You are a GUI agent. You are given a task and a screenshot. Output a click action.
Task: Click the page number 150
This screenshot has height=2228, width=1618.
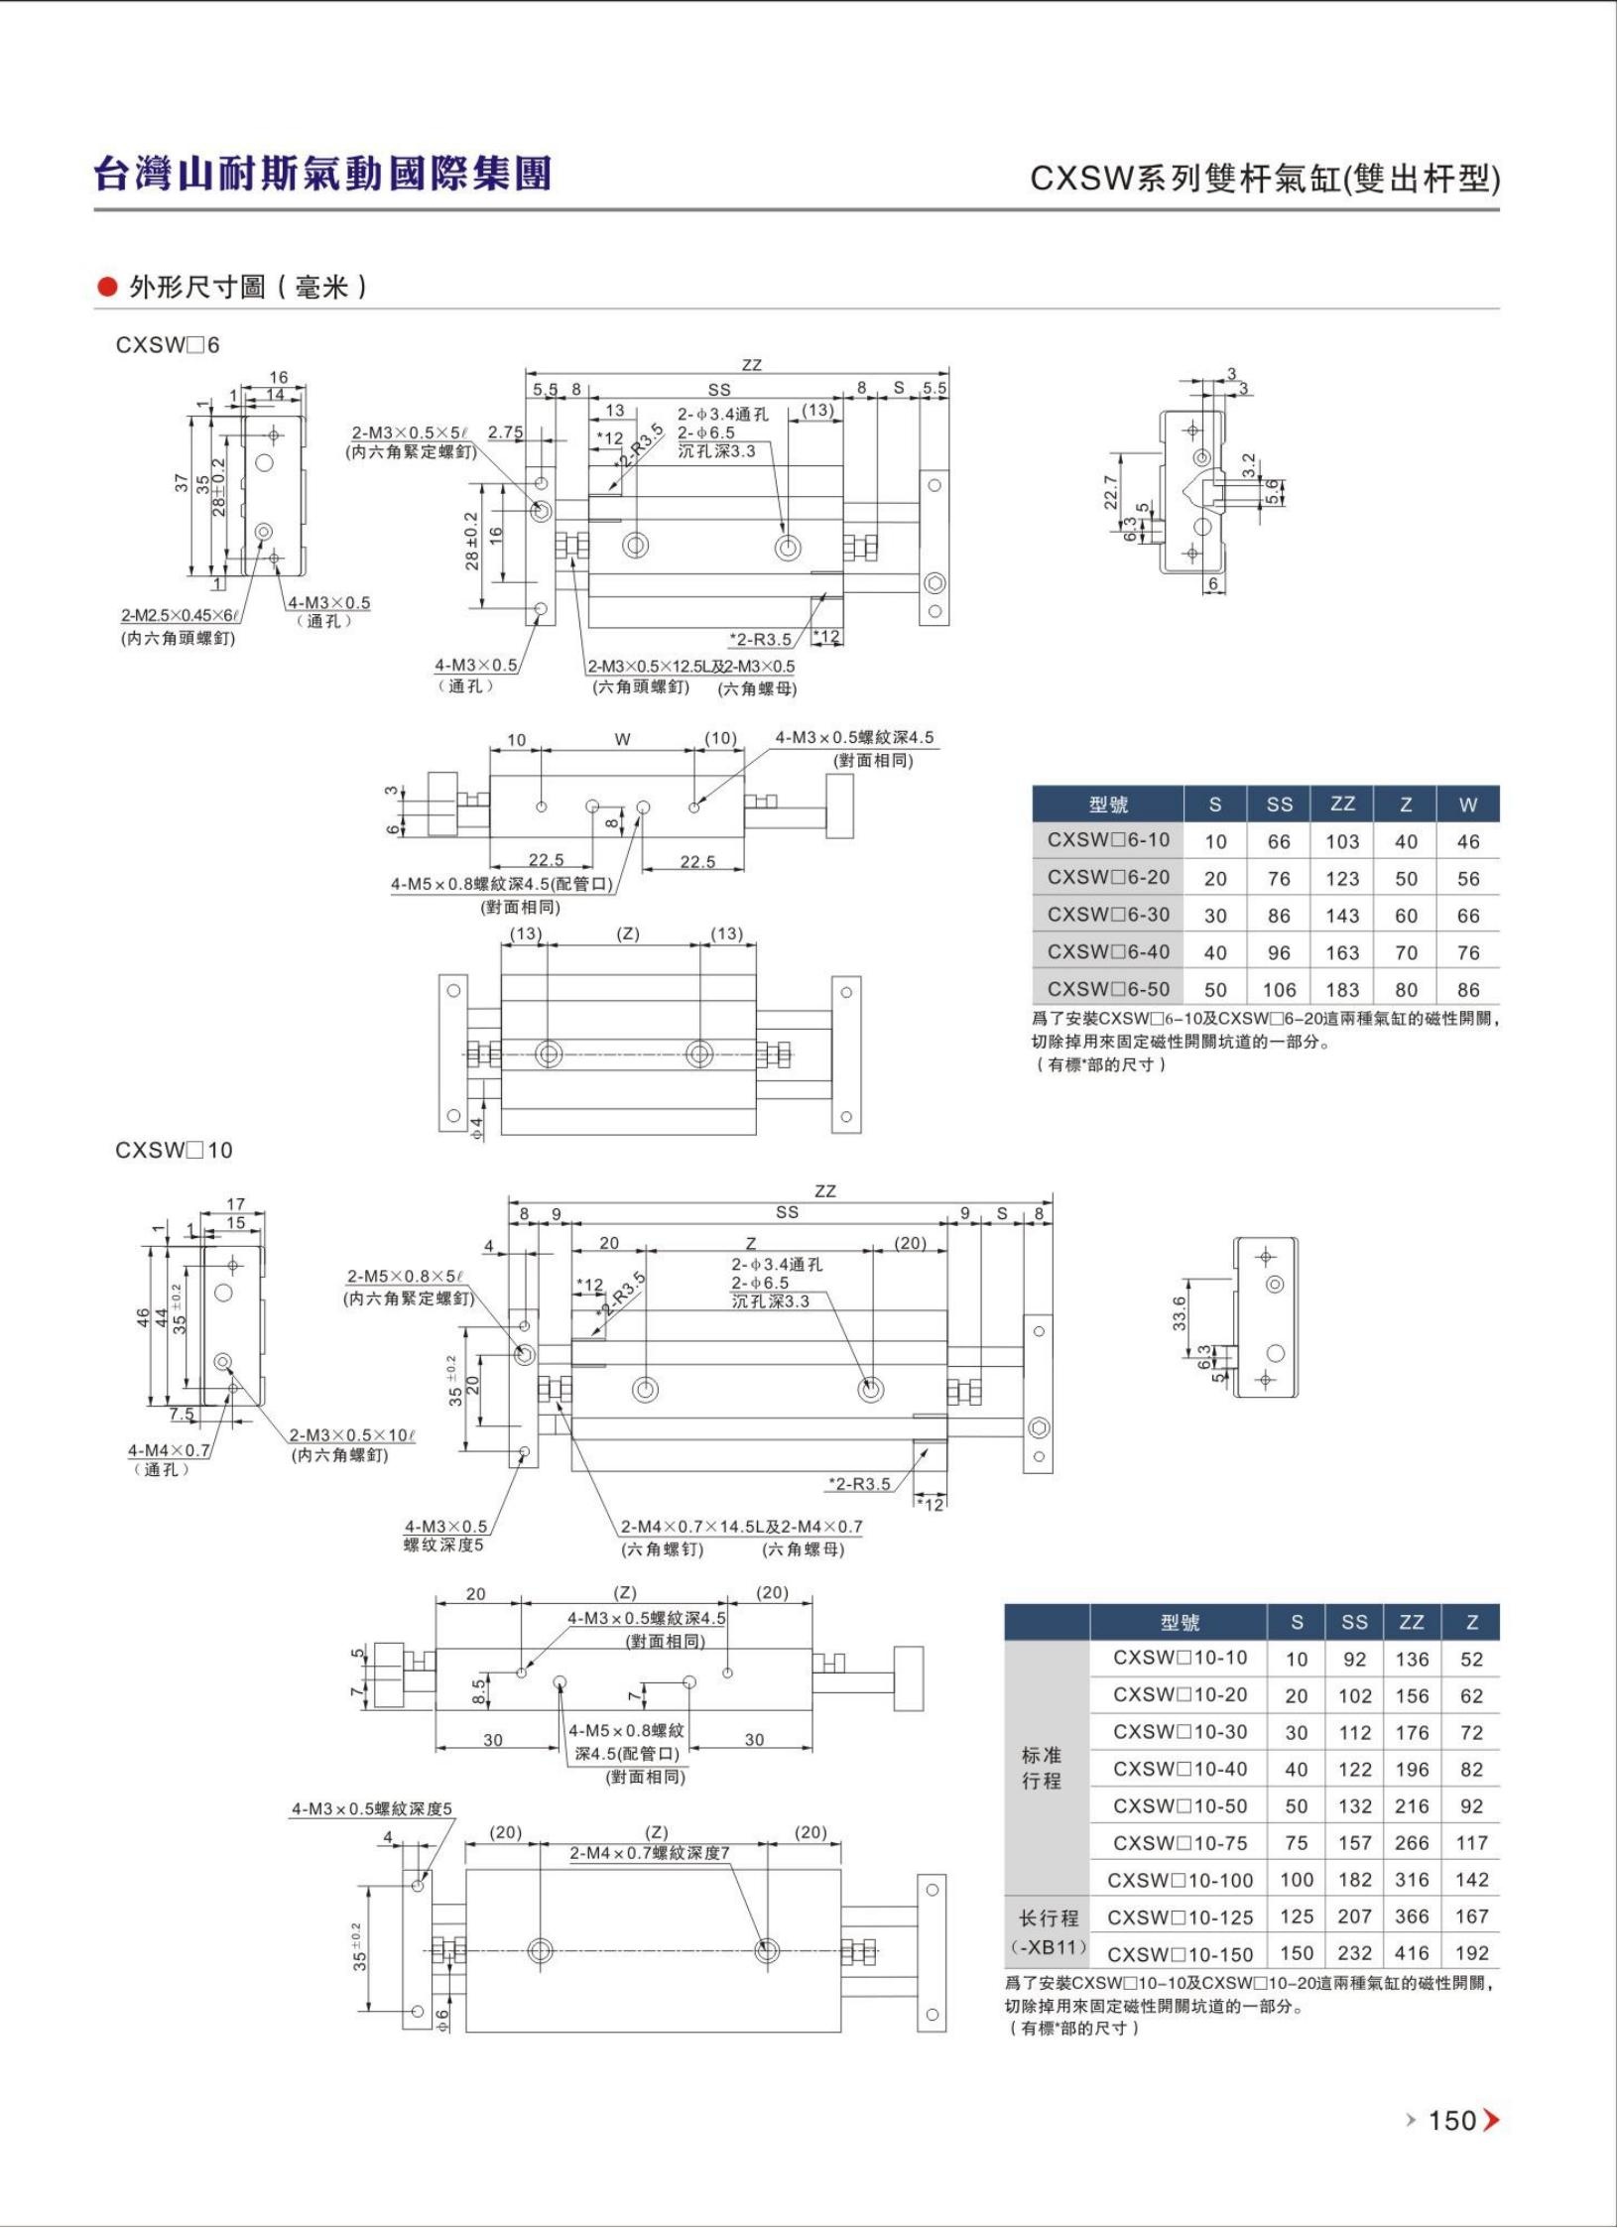[1452, 2120]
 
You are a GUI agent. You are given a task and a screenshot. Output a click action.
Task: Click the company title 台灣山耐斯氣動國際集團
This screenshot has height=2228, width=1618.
[322, 173]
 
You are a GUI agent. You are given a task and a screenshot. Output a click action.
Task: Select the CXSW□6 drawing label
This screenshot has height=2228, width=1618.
[168, 345]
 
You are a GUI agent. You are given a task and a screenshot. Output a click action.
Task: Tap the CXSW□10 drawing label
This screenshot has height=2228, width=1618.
[174, 1150]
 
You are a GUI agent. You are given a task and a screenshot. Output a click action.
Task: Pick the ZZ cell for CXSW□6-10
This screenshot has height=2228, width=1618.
[1341, 841]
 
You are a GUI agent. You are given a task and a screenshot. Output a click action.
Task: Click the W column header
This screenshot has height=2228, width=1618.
[1468, 805]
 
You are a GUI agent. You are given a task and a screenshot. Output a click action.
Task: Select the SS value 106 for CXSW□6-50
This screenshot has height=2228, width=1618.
[1279, 989]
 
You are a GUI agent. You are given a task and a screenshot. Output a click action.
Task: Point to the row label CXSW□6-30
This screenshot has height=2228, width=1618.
[1108, 915]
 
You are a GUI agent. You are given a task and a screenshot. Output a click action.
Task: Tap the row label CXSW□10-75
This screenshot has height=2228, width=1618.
[1180, 1842]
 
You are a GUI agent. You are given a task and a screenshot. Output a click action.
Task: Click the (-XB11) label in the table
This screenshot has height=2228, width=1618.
[1049, 1947]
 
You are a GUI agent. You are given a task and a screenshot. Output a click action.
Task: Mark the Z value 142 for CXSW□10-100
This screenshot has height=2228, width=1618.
[1472, 1879]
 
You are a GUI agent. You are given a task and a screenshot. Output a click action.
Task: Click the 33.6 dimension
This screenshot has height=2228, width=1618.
[1179, 1313]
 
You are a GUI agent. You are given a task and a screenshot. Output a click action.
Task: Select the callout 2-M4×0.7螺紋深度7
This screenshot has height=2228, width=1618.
[650, 1852]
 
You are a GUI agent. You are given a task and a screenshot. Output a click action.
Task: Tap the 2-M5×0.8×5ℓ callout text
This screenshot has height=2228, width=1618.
[406, 1277]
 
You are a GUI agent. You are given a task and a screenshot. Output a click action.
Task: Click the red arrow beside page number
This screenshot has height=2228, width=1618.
[1491, 2121]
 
